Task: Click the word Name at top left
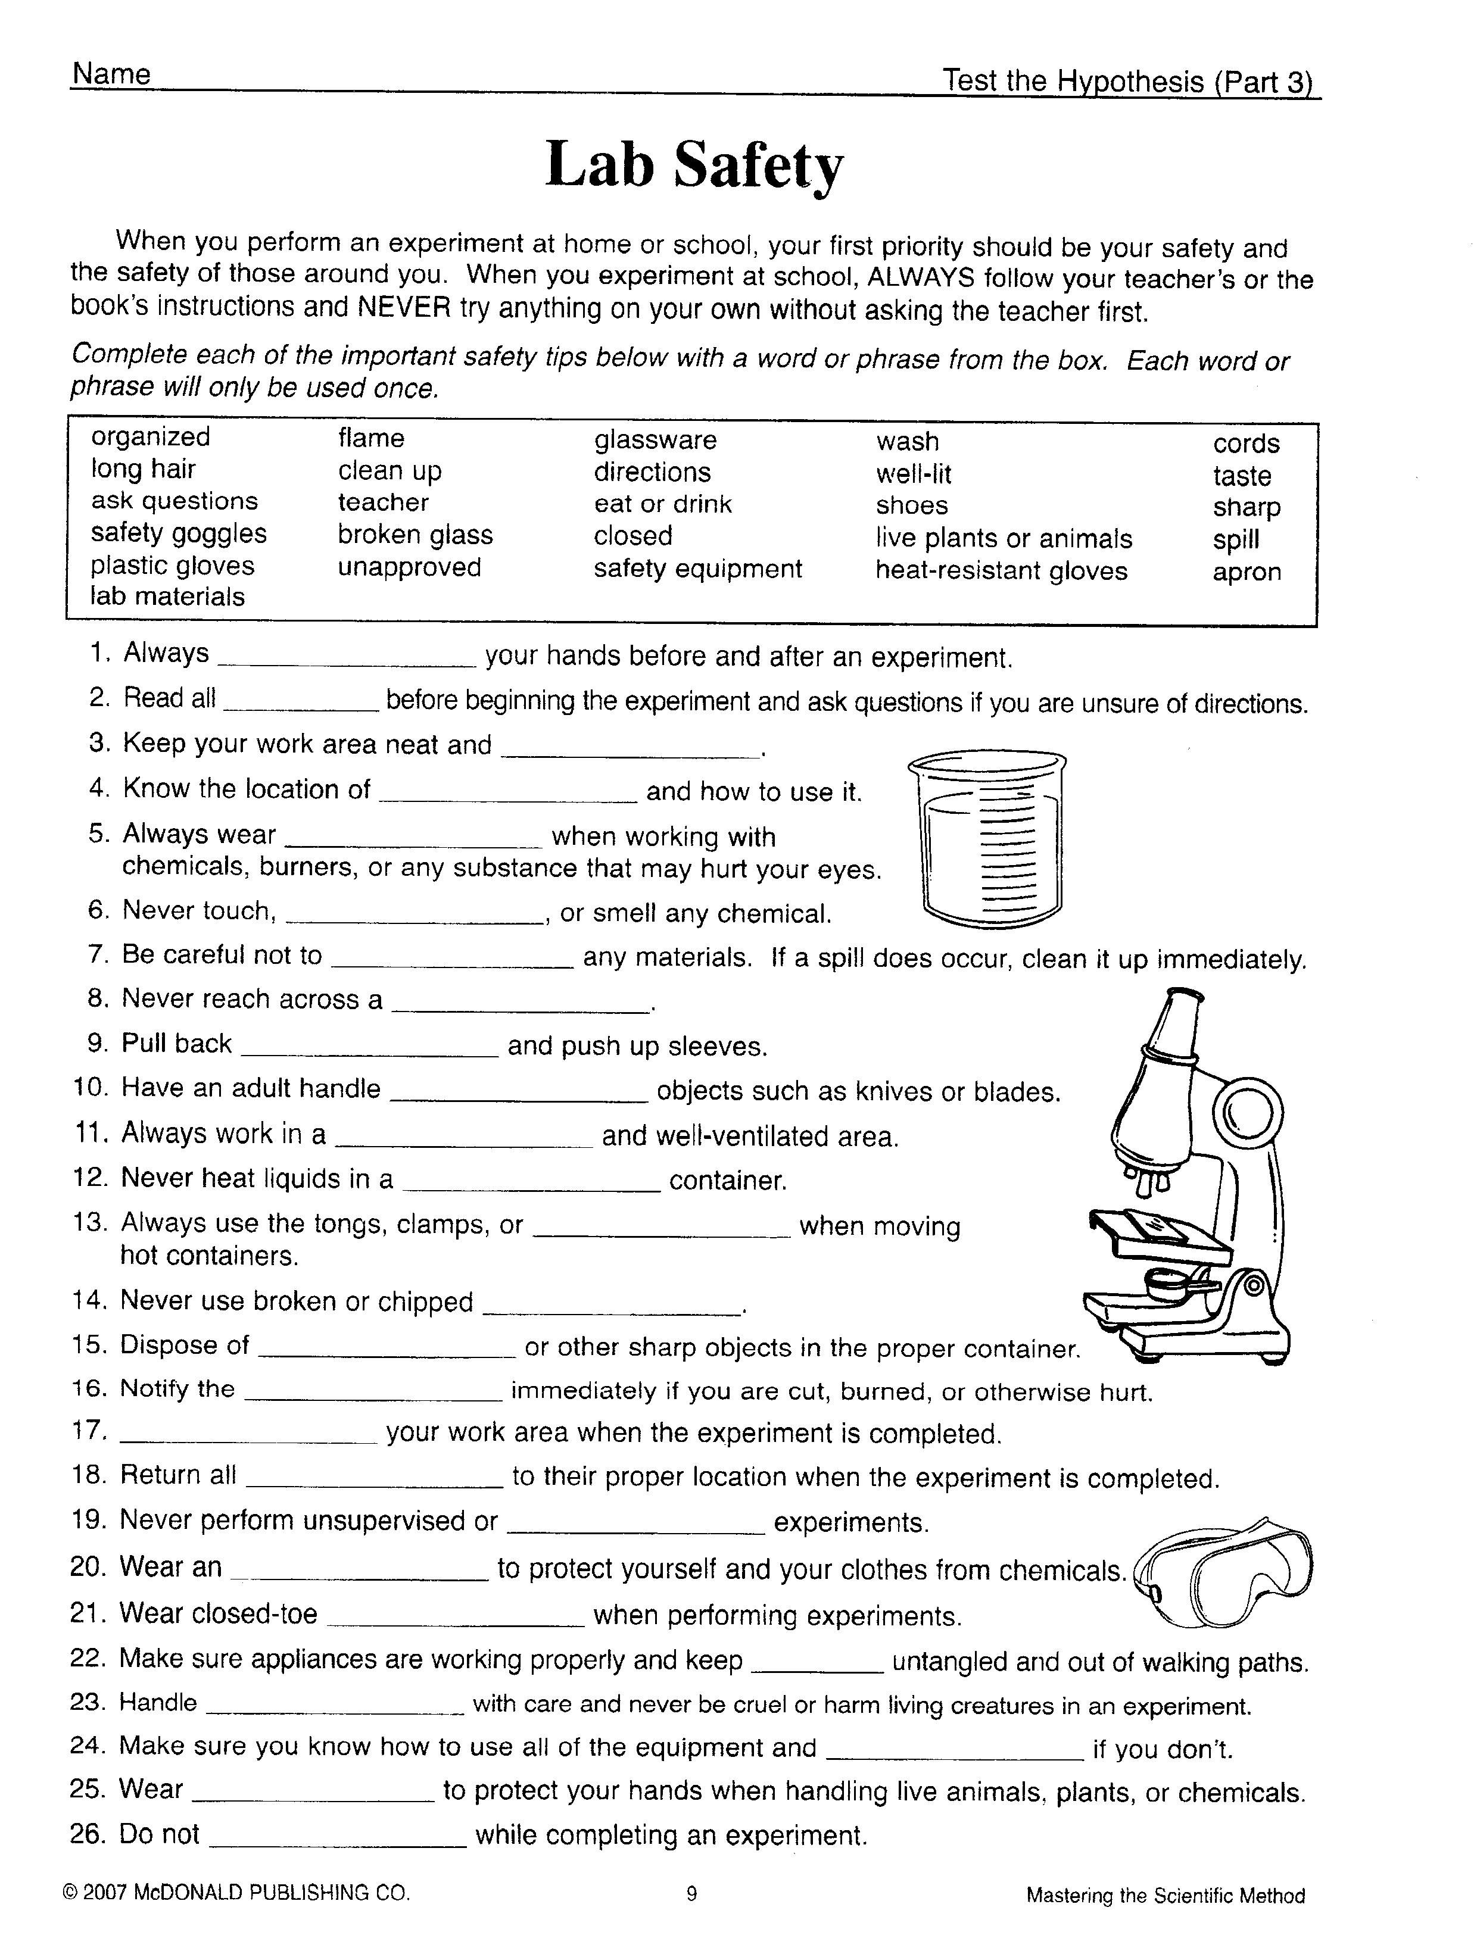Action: [x=111, y=74]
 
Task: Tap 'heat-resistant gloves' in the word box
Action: [x=1001, y=571]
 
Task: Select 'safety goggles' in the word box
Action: [x=178, y=533]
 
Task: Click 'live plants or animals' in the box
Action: [x=1003, y=538]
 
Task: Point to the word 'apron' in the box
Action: [x=1246, y=572]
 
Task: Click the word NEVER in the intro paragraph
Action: [x=403, y=307]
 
